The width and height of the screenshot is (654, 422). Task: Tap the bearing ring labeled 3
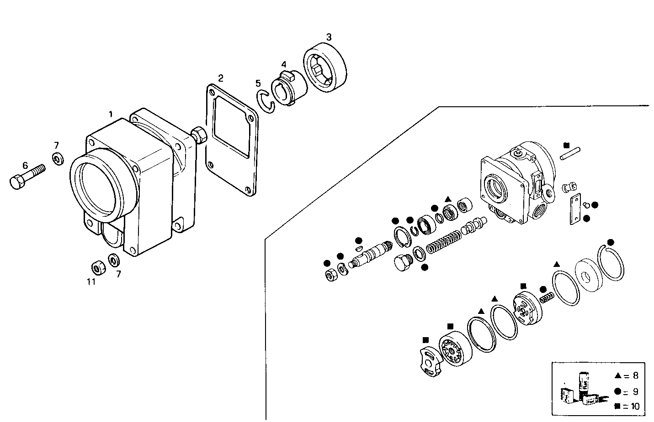pyautogui.click(x=325, y=68)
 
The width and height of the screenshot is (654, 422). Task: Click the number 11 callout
pyautogui.click(x=91, y=282)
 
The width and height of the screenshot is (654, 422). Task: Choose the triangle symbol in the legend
pyautogui.click(x=617, y=376)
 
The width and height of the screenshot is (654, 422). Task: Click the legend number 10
pyautogui.click(x=635, y=406)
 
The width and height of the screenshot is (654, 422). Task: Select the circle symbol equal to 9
pyautogui.click(x=617, y=391)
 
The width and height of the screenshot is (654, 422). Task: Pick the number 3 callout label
pyautogui.click(x=328, y=36)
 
